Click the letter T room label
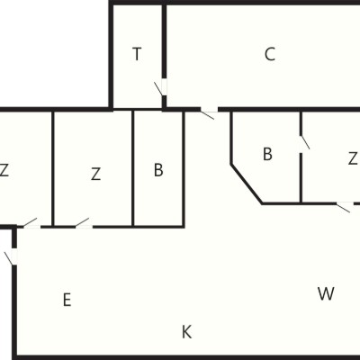tap(137, 54)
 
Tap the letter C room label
tap(270, 54)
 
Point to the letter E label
tap(67, 300)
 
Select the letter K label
tap(186, 332)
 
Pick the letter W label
tap(326, 293)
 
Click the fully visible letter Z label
tap(95, 174)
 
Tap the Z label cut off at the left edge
tap(4, 170)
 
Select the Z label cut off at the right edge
tap(353, 158)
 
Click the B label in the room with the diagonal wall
tap(267, 154)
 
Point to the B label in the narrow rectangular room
tap(158, 170)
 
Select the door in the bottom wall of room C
tap(209, 112)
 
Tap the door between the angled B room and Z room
tap(304, 144)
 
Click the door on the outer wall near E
tap(11, 256)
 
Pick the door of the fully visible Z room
tap(83, 223)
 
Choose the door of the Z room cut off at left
tap(31, 223)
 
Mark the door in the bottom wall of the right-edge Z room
tap(345, 206)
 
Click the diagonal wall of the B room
tap(247, 184)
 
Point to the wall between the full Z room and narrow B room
tap(132, 168)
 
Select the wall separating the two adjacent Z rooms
tap(53, 168)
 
